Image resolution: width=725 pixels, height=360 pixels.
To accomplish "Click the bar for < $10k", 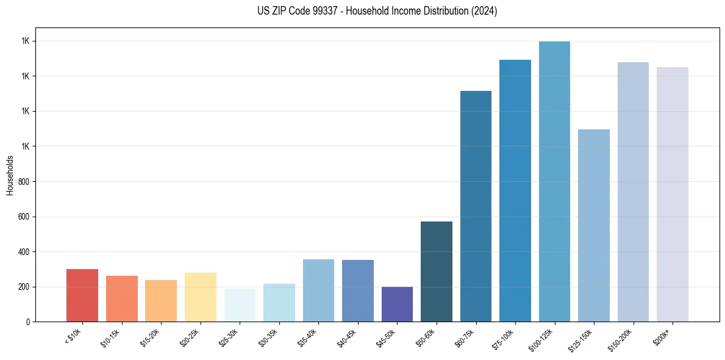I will pyautogui.click(x=82, y=295).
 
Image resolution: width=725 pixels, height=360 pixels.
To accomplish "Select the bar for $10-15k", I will pyautogui.click(x=121, y=298).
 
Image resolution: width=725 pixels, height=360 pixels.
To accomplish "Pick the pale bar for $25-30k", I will pyautogui.click(x=240, y=305).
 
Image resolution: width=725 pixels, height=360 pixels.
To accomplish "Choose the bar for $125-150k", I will pyautogui.click(x=594, y=225).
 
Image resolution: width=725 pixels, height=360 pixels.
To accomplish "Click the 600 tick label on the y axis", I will pyautogui.click(x=24, y=217).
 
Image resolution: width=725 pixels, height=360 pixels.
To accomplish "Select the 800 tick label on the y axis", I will pyautogui.click(x=24, y=182).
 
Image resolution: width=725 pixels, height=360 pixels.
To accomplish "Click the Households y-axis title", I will pyautogui.click(x=10, y=175).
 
